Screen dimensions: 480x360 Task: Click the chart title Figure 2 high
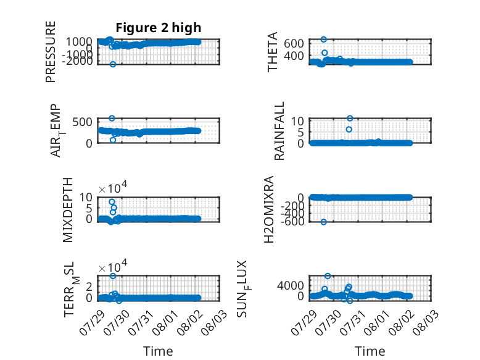tap(159, 28)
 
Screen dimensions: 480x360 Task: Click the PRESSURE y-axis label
tap(51, 52)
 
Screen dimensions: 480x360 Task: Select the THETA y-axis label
tap(272, 52)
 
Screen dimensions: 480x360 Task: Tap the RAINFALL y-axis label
tap(279, 131)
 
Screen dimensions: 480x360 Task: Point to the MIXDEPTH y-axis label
tap(68, 210)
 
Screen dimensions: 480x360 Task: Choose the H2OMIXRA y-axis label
tap(268, 209)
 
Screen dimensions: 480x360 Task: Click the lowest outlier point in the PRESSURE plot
tap(113, 64)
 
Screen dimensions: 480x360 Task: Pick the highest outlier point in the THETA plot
tap(323, 40)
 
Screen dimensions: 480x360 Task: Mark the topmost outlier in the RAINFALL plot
tap(350, 119)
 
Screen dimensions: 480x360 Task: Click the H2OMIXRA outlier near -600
tap(323, 222)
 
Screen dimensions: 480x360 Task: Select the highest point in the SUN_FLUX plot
tap(328, 276)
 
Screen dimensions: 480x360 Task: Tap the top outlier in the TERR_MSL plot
tap(113, 276)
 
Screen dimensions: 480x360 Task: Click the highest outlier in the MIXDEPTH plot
tap(112, 201)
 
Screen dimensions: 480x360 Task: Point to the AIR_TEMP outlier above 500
tap(112, 119)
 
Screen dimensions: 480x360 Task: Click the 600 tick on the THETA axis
tap(294, 43)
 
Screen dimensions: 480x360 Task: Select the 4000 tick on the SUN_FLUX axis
tap(291, 285)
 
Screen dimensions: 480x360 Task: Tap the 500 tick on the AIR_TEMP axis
tap(82, 122)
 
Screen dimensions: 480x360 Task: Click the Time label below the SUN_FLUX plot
tap(370, 351)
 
